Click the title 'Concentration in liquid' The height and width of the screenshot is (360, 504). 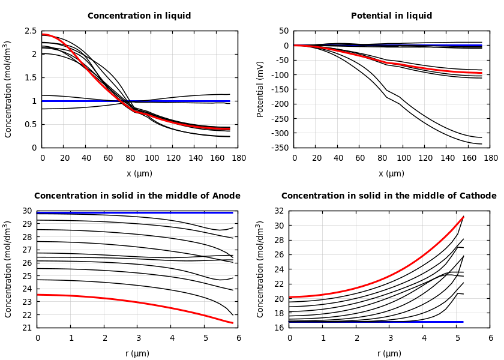pos(139,16)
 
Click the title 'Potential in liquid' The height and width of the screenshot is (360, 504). pos(391,16)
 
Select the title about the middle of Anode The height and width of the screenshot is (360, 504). pos(137,196)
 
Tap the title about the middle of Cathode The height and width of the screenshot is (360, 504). pos(389,196)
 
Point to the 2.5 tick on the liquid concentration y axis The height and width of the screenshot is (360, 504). pos(30,31)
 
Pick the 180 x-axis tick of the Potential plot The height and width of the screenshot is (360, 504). pos(491,158)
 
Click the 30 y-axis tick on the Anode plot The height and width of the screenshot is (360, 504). pos(27,211)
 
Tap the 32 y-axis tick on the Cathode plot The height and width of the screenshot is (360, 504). pos(279,211)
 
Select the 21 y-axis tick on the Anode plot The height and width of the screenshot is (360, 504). pos(27,328)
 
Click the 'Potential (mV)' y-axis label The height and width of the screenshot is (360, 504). pos(260,89)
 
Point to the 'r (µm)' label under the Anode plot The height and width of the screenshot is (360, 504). pos(137,353)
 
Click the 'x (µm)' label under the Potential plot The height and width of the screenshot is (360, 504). pos(391,173)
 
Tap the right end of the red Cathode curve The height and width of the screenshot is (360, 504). pos(463,217)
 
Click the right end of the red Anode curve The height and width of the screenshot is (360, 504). pos(233,323)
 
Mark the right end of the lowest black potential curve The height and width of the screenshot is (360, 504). pos(481,144)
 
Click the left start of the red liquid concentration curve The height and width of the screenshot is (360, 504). pos(43,35)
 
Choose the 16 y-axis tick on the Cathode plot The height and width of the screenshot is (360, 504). pos(279,328)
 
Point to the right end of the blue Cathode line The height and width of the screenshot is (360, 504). pos(463,322)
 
